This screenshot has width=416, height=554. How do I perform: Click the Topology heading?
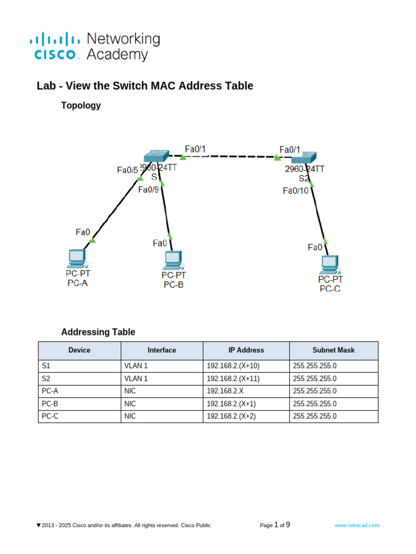pos(81,105)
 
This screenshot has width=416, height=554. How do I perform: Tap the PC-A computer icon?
pos(76,259)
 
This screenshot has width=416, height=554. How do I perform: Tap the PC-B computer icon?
pos(173,260)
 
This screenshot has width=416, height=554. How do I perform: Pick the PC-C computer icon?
pos(329,263)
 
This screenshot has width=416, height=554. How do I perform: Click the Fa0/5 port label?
pos(127,170)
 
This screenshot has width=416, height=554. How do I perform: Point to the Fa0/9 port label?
pos(148,189)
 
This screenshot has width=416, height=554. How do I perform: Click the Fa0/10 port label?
pos(296,190)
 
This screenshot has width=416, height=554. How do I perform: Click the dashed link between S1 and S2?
pos(230,156)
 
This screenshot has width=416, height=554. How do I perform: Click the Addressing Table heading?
pos(98,332)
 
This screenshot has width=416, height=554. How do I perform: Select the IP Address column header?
pos(246,350)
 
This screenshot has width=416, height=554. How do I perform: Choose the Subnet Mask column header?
pos(334,350)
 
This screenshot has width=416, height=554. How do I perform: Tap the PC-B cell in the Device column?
pos(50,404)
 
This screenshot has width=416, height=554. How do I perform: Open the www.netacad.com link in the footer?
pos(356,525)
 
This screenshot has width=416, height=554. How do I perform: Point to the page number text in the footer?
pos(275,525)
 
